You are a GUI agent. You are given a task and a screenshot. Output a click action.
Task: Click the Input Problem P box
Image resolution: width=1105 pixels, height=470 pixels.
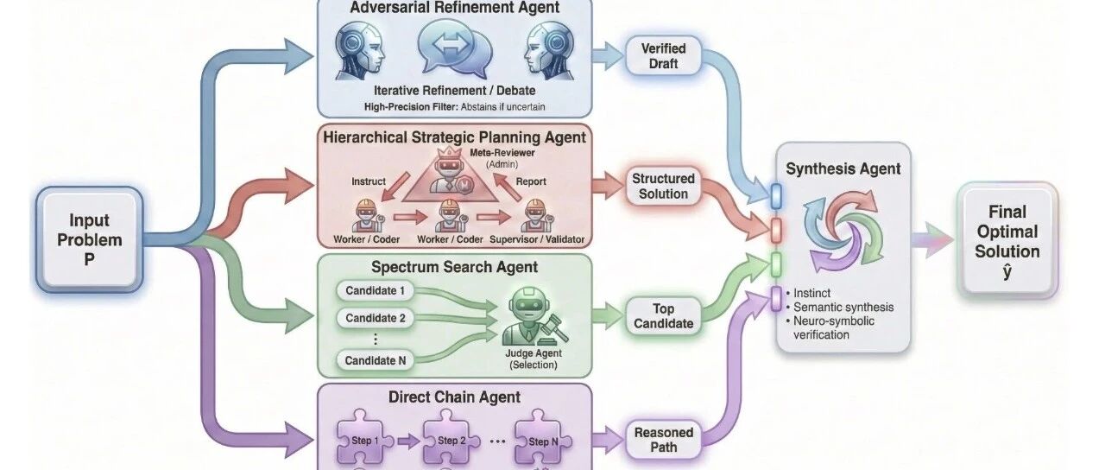coord(89,239)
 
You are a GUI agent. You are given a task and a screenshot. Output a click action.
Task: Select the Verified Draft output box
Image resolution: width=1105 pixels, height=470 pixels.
coord(663,56)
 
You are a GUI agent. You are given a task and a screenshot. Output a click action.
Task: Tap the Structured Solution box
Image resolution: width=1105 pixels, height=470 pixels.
coord(663,186)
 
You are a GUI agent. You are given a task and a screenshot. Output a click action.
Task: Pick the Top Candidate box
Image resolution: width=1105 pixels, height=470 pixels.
coord(663,316)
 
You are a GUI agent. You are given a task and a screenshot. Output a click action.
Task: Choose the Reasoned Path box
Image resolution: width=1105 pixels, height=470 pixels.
coord(663,440)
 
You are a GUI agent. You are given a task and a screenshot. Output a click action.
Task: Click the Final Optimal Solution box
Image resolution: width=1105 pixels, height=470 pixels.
coord(1007,241)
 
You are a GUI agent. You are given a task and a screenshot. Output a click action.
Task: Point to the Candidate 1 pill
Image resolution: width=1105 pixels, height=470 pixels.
coord(375,291)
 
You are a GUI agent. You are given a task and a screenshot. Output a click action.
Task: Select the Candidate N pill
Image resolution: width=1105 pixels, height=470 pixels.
coord(375,360)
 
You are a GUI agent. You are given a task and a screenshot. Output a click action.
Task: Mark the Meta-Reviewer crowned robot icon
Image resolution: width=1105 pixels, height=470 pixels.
coord(450,170)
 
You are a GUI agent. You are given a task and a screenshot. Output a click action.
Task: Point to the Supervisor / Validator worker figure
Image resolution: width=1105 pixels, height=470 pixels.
coord(537,215)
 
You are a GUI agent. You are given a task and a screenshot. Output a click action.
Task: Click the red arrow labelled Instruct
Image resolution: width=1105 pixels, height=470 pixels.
coord(395,186)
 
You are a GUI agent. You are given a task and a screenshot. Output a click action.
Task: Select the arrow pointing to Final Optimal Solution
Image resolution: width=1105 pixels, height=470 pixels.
coord(932,240)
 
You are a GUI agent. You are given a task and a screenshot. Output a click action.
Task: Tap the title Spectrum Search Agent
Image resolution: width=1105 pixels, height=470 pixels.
coord(454,267)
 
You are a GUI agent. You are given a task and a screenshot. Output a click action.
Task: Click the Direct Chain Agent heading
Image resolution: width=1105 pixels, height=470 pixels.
coord(454,397)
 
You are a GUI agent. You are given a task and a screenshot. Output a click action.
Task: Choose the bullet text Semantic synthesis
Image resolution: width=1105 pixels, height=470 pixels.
coord(843,307)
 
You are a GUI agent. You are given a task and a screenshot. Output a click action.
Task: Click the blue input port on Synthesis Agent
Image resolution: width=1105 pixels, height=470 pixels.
coord(776,196)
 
